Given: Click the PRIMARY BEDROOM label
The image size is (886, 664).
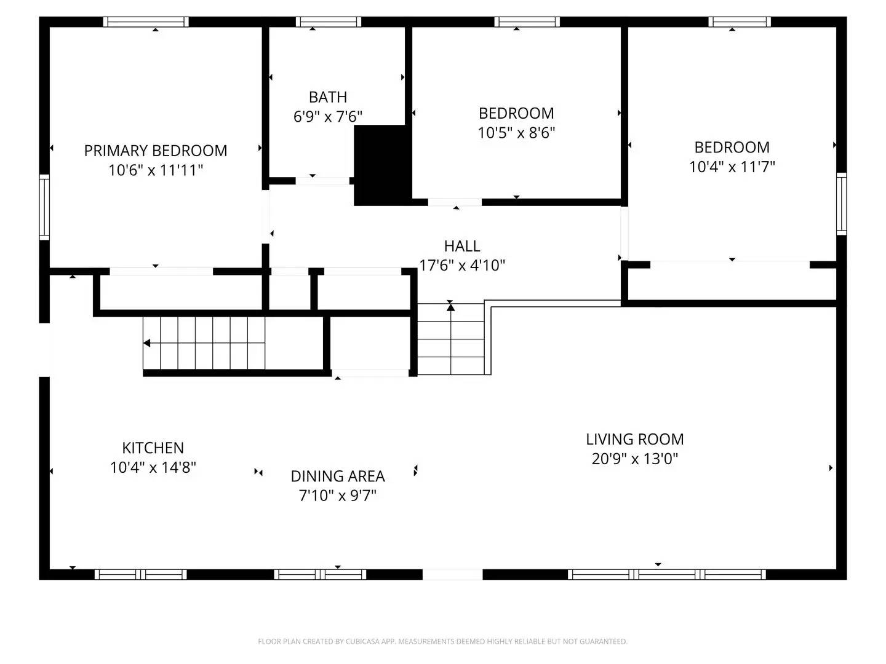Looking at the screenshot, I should tap(156, 151).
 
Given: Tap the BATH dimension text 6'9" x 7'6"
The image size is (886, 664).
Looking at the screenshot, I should tap(327, 116).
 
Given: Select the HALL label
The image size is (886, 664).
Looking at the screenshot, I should tap(461, 246).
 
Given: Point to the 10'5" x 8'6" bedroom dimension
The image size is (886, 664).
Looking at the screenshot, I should tap(516, 133).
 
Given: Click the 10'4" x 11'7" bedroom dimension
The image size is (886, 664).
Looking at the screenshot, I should tap(732, 167).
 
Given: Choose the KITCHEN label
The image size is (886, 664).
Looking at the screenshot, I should tap(153, 448).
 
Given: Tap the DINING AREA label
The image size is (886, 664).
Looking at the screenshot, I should tap(337, 476).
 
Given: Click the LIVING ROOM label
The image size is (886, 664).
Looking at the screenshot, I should tap(634, 440).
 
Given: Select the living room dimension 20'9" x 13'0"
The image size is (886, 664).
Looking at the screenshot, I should tap(634, 459).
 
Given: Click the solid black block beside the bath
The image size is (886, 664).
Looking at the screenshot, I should tap(381, 165).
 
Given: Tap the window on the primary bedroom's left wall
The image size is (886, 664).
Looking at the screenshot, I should tap(44, 207).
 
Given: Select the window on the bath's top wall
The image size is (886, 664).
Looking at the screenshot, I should tap(328, 22).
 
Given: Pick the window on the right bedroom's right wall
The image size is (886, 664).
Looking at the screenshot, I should tap(841, 204).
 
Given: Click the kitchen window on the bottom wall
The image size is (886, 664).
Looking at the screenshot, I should tap(140, 575).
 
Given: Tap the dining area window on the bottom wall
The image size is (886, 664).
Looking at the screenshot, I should tap(320, 575).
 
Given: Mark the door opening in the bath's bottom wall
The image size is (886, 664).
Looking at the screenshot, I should tap(322, 181).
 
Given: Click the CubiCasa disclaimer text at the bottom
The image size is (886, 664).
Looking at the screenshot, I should tap(442, 641).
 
